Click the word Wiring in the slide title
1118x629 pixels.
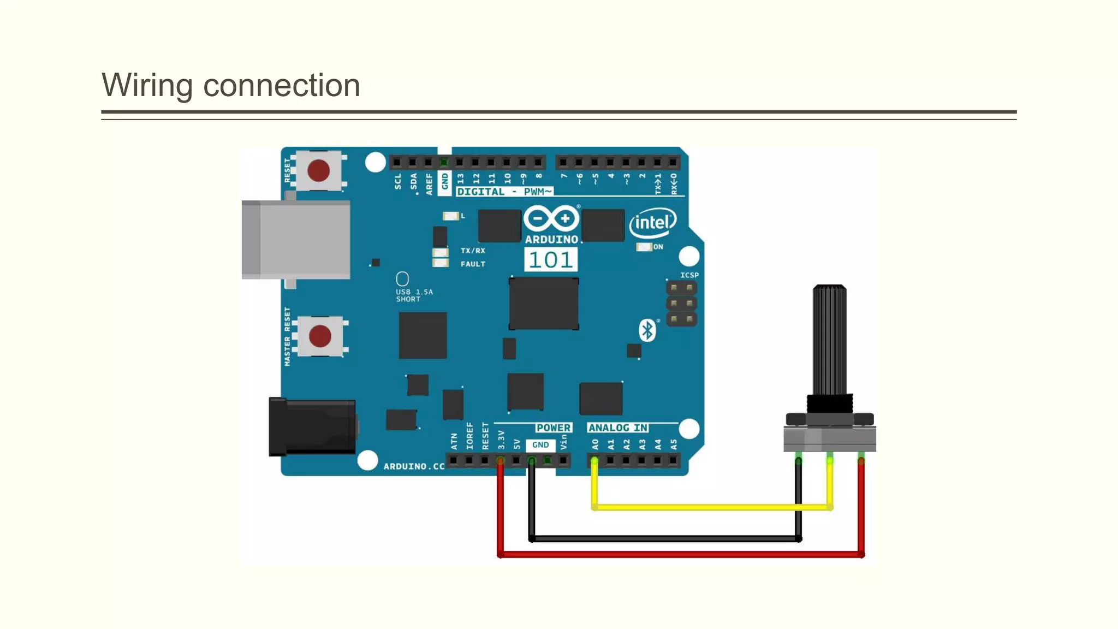(147, 86)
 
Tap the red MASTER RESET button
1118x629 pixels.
(320, 336)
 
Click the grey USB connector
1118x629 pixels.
(296, 240)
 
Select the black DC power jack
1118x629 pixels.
(313, 427)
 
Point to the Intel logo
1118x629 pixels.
(652, 222)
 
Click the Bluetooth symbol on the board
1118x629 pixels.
(647, 330)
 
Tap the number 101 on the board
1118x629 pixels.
(551, 260)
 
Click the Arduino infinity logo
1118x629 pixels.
(551, 219)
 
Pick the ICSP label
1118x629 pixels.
(689, 275)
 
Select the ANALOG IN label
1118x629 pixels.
(618, 428)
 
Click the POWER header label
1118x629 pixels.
(553, 428)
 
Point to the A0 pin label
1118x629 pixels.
(595, 444)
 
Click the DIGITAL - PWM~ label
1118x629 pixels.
(504, 192)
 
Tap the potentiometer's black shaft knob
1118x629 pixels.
(829, 339)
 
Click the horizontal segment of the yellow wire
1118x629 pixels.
(710, 507)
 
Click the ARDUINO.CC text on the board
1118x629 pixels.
(414, 466)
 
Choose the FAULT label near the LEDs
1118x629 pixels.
(473, 264)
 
